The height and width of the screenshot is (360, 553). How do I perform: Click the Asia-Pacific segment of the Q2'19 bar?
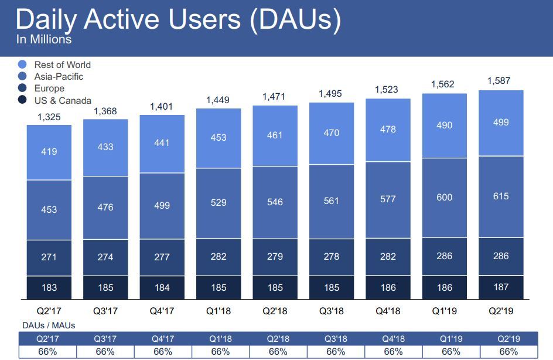(501, 196)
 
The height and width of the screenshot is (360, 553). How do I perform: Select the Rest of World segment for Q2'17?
(49, 152)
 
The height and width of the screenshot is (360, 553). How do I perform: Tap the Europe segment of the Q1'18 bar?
(219, 256)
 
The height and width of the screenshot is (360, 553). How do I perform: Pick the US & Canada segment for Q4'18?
(388, 287)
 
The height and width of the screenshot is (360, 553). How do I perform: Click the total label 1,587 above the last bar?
(499, 80)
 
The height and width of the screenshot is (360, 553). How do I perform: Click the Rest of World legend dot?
(23, 64)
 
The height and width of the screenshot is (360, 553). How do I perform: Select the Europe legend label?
(49, 89)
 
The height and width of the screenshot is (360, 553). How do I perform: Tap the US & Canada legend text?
(63, 100)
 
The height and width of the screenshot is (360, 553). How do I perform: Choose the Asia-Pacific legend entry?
(59, 77)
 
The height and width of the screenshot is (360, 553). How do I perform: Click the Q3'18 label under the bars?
(332, 311)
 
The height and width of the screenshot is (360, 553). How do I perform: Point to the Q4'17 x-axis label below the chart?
(162, 311)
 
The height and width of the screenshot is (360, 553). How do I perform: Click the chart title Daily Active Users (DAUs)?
(177, 19)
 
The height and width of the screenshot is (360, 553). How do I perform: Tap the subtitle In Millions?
(44, 40)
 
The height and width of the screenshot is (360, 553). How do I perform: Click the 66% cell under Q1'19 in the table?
(450, 352)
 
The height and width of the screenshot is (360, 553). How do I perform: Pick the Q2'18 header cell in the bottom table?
(278, 338)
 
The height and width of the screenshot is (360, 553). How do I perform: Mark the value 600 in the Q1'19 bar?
(444, 198)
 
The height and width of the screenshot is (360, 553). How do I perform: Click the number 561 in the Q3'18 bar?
(332, 200)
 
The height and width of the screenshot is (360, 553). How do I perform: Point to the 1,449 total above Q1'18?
(219, 100)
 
